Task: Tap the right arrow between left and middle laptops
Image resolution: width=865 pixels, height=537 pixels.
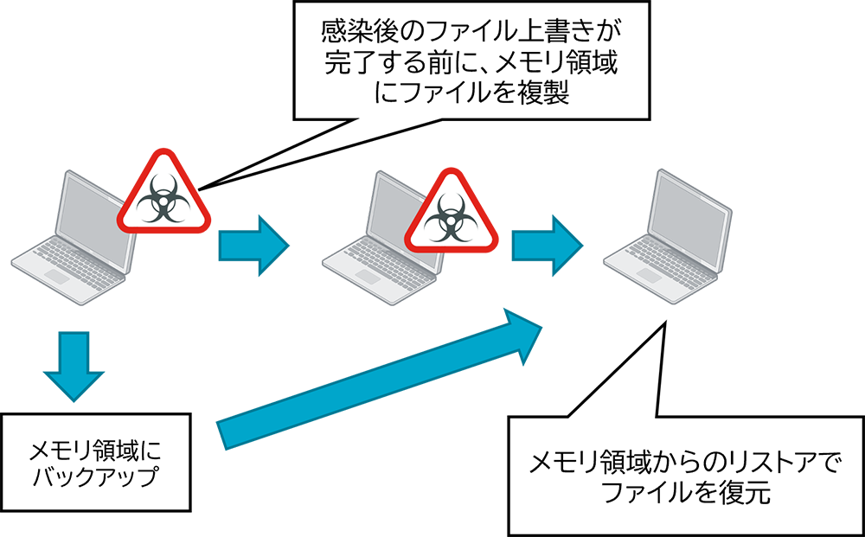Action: point(252,246)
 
